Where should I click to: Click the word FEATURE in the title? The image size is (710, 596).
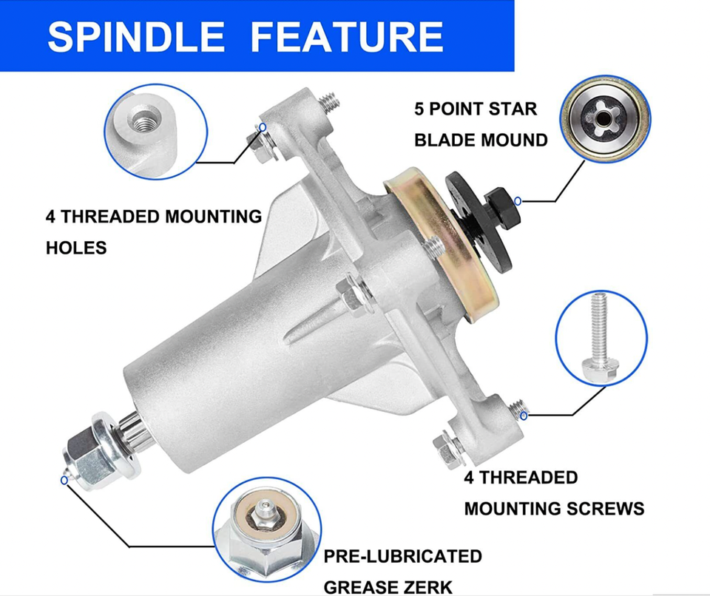[x=348, y=36]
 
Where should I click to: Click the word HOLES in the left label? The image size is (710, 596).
[x=76, y=248]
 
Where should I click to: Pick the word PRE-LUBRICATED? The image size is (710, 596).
[x=402, y=556]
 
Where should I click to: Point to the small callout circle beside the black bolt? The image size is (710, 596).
[x=518, y=200]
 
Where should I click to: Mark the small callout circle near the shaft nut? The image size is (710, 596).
[x=64, y=481]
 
